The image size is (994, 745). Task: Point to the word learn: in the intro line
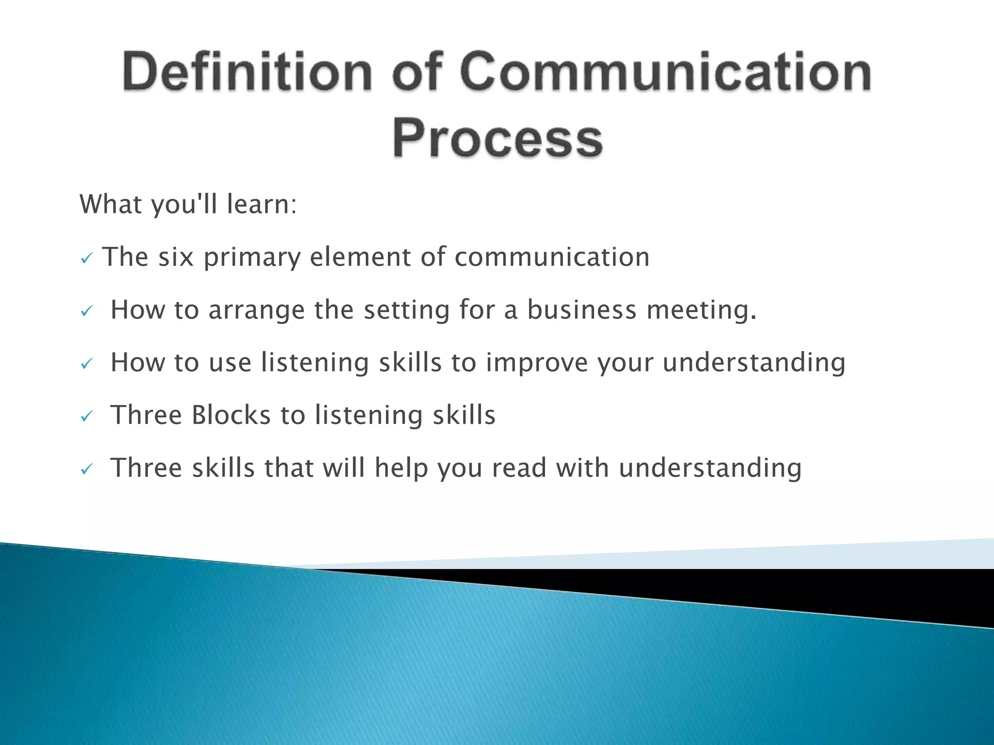(262, 204)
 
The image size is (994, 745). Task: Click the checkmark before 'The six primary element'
(86, 259)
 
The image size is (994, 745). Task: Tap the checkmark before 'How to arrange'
(86, 311)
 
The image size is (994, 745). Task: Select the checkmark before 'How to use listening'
(86, 364)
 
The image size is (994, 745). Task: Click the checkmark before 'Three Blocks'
(86, 417)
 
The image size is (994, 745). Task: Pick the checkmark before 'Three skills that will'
(86, 470)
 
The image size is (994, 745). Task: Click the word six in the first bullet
(176, 257)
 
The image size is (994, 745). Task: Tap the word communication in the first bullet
(552, 257)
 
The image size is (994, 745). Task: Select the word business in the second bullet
(581, 309)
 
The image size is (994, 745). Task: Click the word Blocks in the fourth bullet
(231, 415)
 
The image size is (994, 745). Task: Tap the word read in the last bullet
(519, 468)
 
